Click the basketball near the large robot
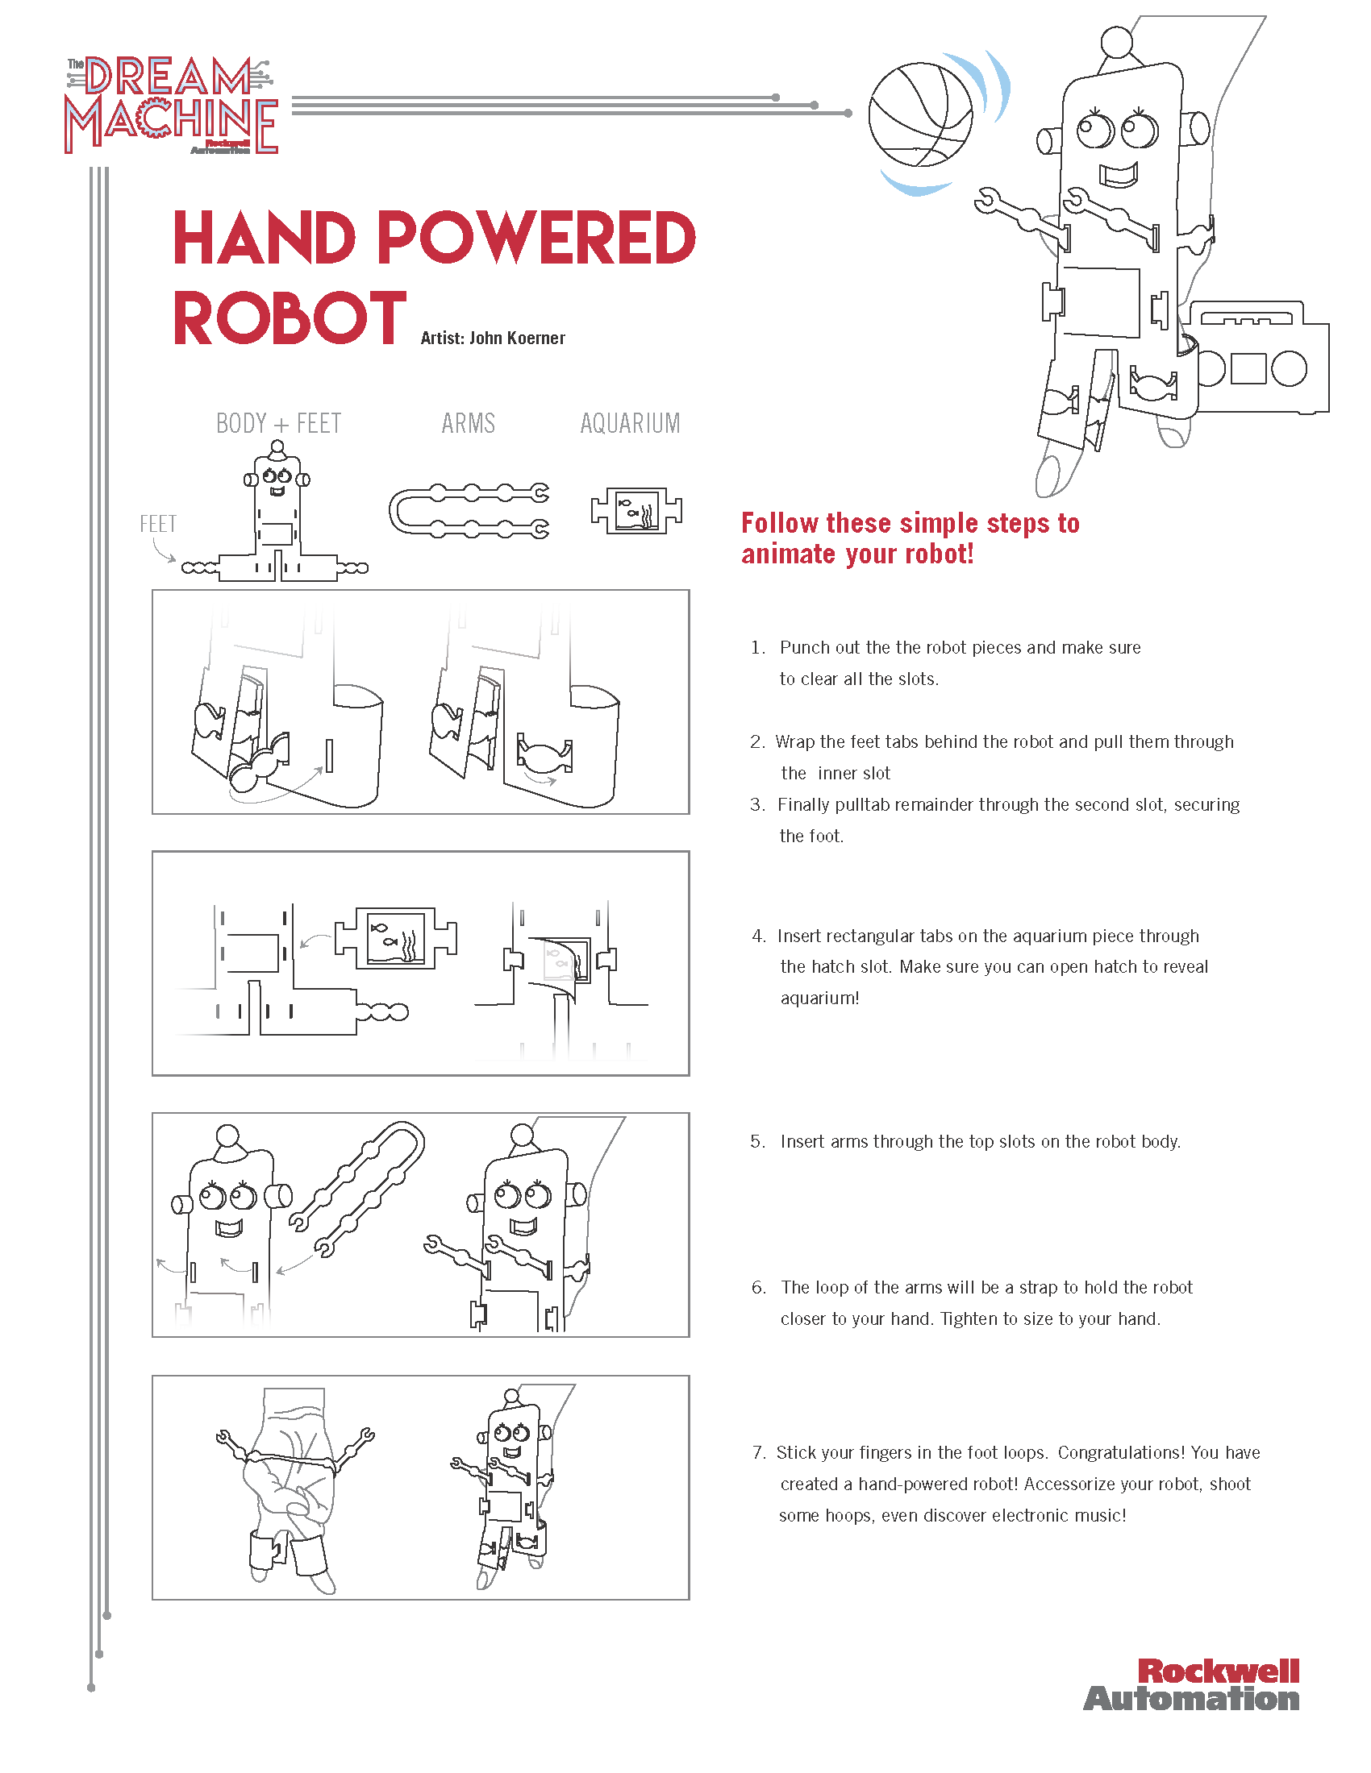pos(920,115)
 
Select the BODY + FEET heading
pos(277,424)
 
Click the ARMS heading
pos(468,424)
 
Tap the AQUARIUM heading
pos(630,424)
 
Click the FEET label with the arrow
pos(157,525)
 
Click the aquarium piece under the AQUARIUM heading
pos(637,511)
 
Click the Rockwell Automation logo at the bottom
pos(1191,1685)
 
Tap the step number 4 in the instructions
pos(759,936)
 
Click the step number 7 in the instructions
pos(759,1452)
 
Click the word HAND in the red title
pos(265,239)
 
